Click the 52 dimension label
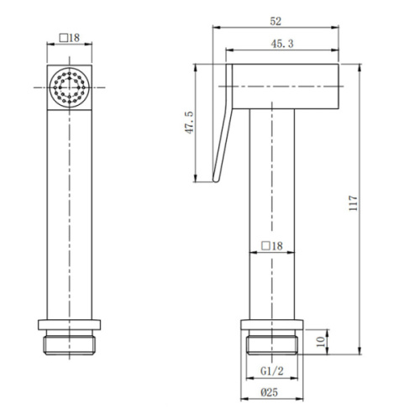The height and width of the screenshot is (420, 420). tap(276, 22)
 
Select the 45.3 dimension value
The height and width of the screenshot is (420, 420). tap(282, 44)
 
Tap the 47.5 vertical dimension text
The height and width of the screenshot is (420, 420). tap(190, 123)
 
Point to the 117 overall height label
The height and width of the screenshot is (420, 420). tap(354, 203)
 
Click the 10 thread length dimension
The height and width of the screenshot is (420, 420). tap(321, 342)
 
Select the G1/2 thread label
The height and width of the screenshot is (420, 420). tap(272, 371)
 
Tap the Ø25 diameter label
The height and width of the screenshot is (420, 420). tap(270, 392)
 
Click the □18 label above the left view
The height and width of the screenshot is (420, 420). tap(70, 38)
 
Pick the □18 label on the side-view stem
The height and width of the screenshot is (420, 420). tap(272, 246)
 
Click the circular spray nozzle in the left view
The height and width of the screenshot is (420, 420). tap(70, 87)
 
